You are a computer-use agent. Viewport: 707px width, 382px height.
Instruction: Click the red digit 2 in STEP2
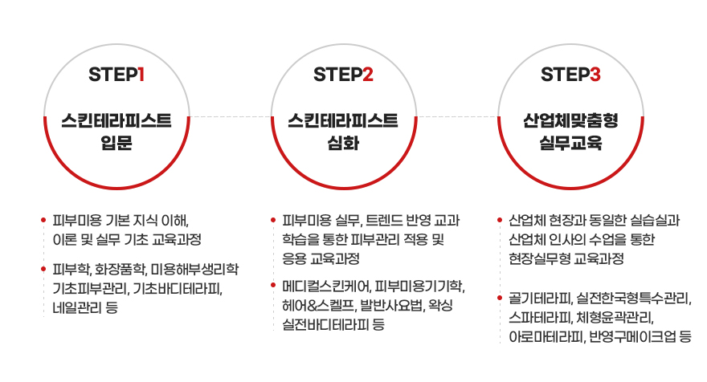[367, 75]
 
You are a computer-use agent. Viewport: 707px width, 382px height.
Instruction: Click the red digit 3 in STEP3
[595, 75]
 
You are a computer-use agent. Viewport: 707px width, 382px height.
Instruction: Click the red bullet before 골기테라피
[501, 299]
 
